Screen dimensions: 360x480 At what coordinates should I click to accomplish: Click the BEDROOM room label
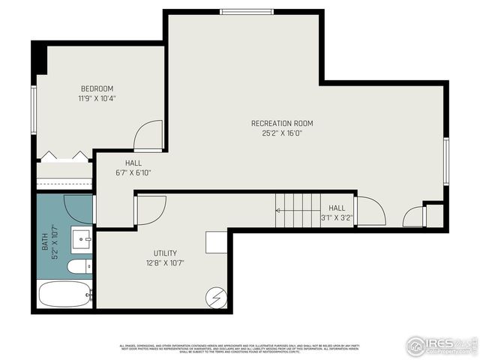coord(97,88)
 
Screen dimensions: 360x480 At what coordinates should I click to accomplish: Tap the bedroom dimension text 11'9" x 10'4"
coord(97,98)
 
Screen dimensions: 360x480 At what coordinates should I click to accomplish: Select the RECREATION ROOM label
coord(282,123)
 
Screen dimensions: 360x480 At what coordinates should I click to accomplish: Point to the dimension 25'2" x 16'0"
coord(282,133)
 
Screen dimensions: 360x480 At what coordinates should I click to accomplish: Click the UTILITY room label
coord(165,253)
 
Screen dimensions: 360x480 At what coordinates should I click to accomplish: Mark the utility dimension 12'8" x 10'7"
coord(165,263)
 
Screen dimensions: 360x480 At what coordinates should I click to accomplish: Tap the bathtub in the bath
coord(64,294)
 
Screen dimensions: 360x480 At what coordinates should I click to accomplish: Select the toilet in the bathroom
coord(79,267)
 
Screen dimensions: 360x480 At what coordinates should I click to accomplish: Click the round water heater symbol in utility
coord(217,298)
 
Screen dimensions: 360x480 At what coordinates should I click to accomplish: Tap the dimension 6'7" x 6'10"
coord(133,172)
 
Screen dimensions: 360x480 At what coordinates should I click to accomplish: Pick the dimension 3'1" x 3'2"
coord(337,218)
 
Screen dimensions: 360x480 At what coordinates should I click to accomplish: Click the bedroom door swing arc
coord(148,136)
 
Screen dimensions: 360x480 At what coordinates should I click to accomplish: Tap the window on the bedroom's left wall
coord(34,109)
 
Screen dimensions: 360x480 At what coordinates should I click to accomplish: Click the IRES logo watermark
coord(441,345)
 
